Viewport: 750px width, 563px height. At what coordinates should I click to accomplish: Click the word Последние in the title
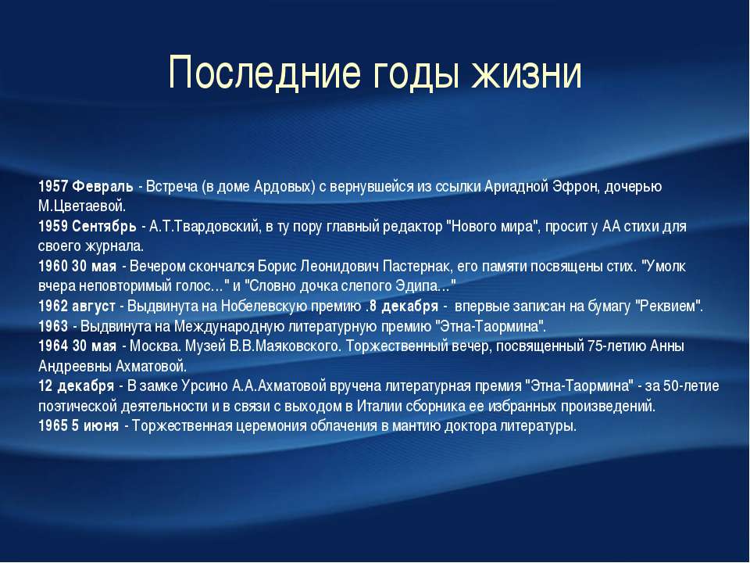pyautogui.click(x=265, y=74)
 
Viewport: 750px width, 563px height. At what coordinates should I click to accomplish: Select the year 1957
pyautogui.click(x=53, y=186)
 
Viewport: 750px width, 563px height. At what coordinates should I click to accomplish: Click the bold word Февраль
pyautogui.click(x=103, y=186)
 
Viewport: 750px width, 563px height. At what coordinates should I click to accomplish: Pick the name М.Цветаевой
pyautogui.click(x=82, y=206)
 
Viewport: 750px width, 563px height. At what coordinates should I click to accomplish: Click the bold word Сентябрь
pyautogui.click(x=104, y=227)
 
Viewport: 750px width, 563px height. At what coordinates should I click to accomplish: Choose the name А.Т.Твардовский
pyautogui.click(x=204, y=227)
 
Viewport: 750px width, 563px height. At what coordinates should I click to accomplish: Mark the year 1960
pyautogui.click(x=53, y=266)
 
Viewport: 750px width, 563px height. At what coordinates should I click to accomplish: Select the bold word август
pyautogui.click(x=94, y=307)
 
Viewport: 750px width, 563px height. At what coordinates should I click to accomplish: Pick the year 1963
pyautogui.click(x=53, y=327)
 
